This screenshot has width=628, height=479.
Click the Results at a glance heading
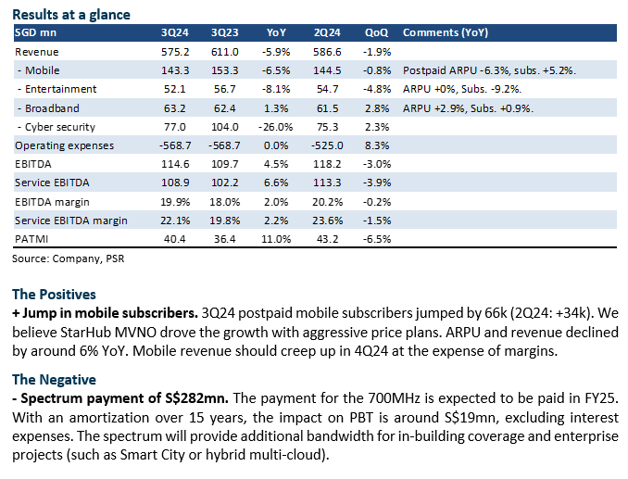click(72, 15)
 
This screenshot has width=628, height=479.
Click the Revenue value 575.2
click(176, 52)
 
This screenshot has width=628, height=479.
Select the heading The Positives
click(54, 295)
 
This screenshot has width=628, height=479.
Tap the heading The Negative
click(55, 379)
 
